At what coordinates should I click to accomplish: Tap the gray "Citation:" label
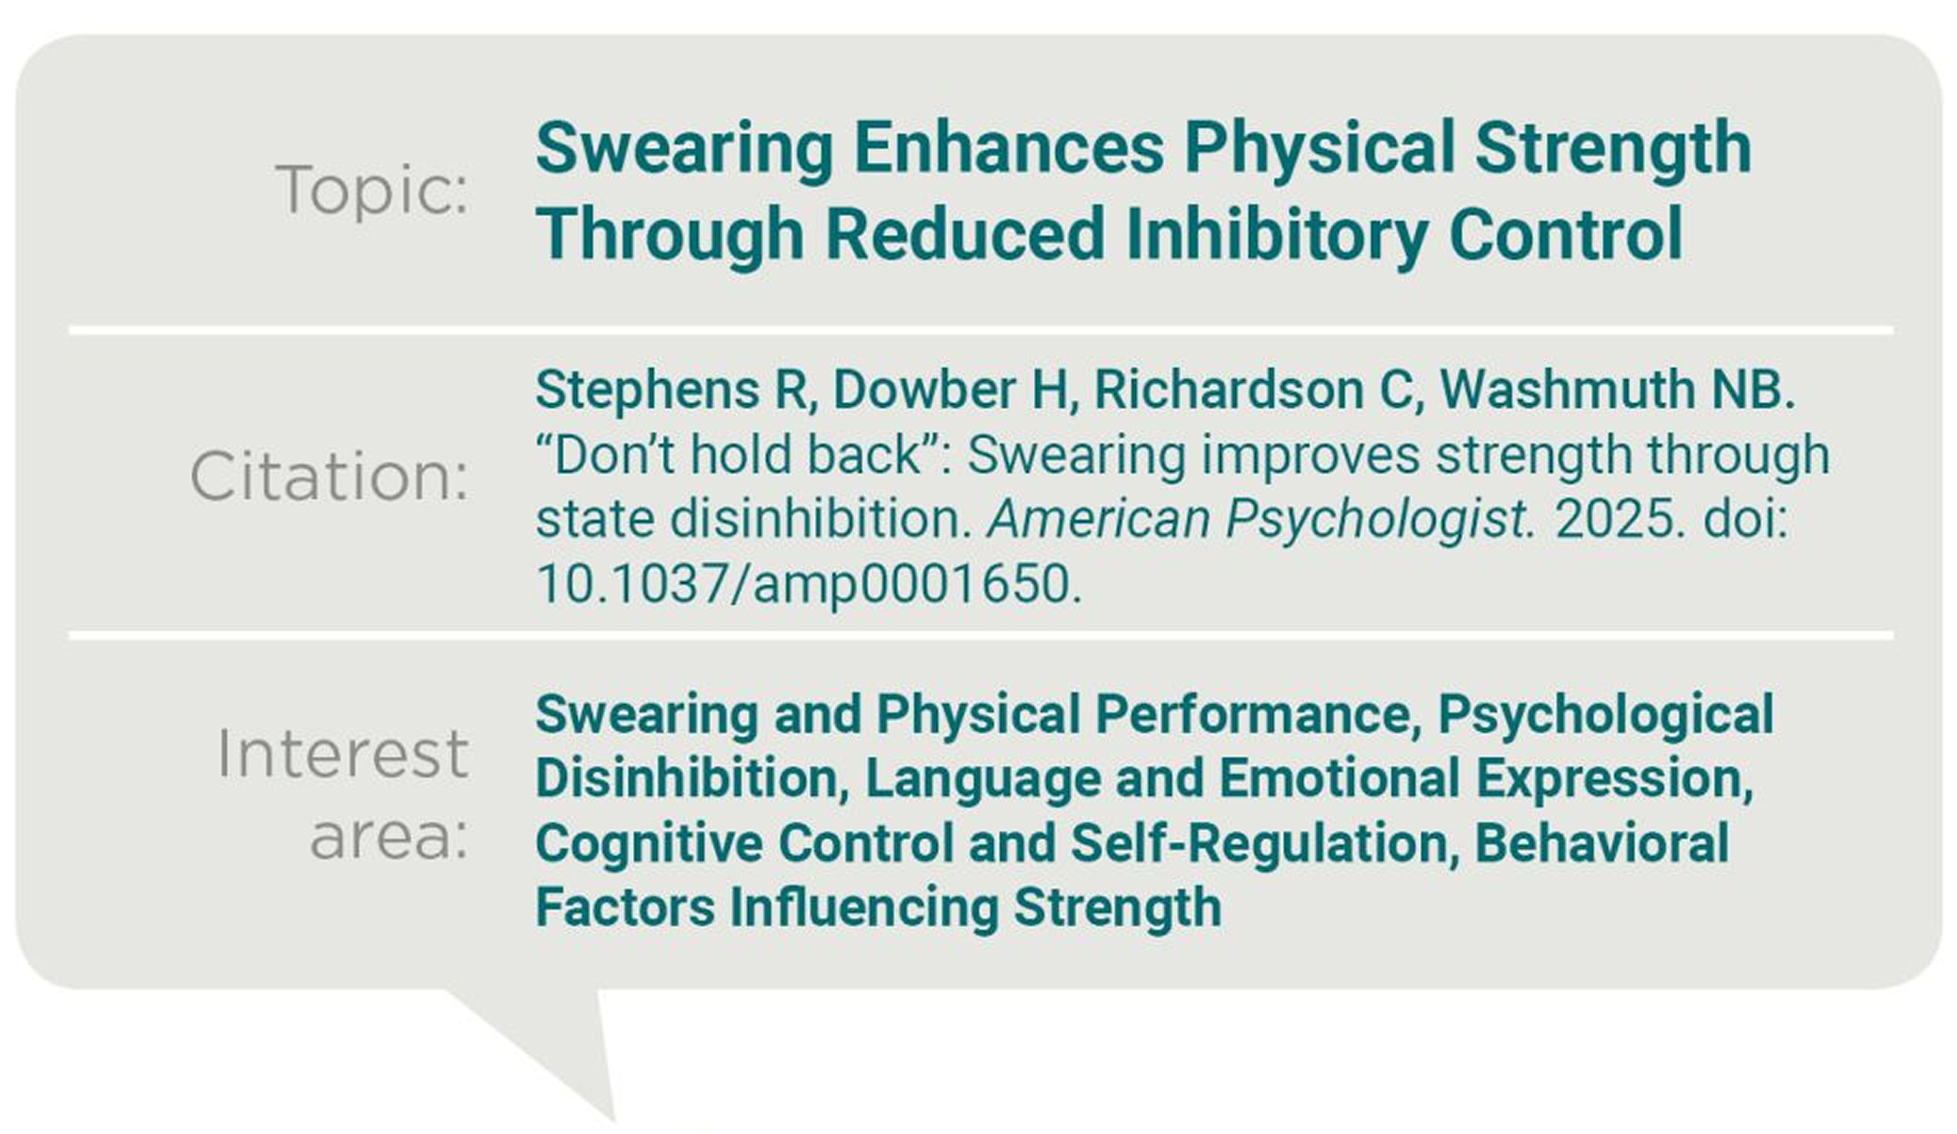click(x=330, y=477)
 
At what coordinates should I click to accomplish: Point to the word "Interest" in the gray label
click(x=343, y=753)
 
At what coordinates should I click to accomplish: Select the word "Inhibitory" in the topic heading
click(x=1277, y=235)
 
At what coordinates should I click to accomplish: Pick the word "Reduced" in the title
click(x=964, y=235)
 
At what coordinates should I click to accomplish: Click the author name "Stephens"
click(x=647, y=390)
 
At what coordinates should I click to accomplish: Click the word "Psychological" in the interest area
click(x=1606, y=716)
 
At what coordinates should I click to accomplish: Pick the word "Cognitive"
click(x=647, y=844)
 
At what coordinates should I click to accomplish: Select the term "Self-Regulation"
click(x=1259, y=844)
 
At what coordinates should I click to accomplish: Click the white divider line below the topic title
click(x=981, y=331)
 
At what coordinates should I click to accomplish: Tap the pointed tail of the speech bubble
click(x=614, y=1120)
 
